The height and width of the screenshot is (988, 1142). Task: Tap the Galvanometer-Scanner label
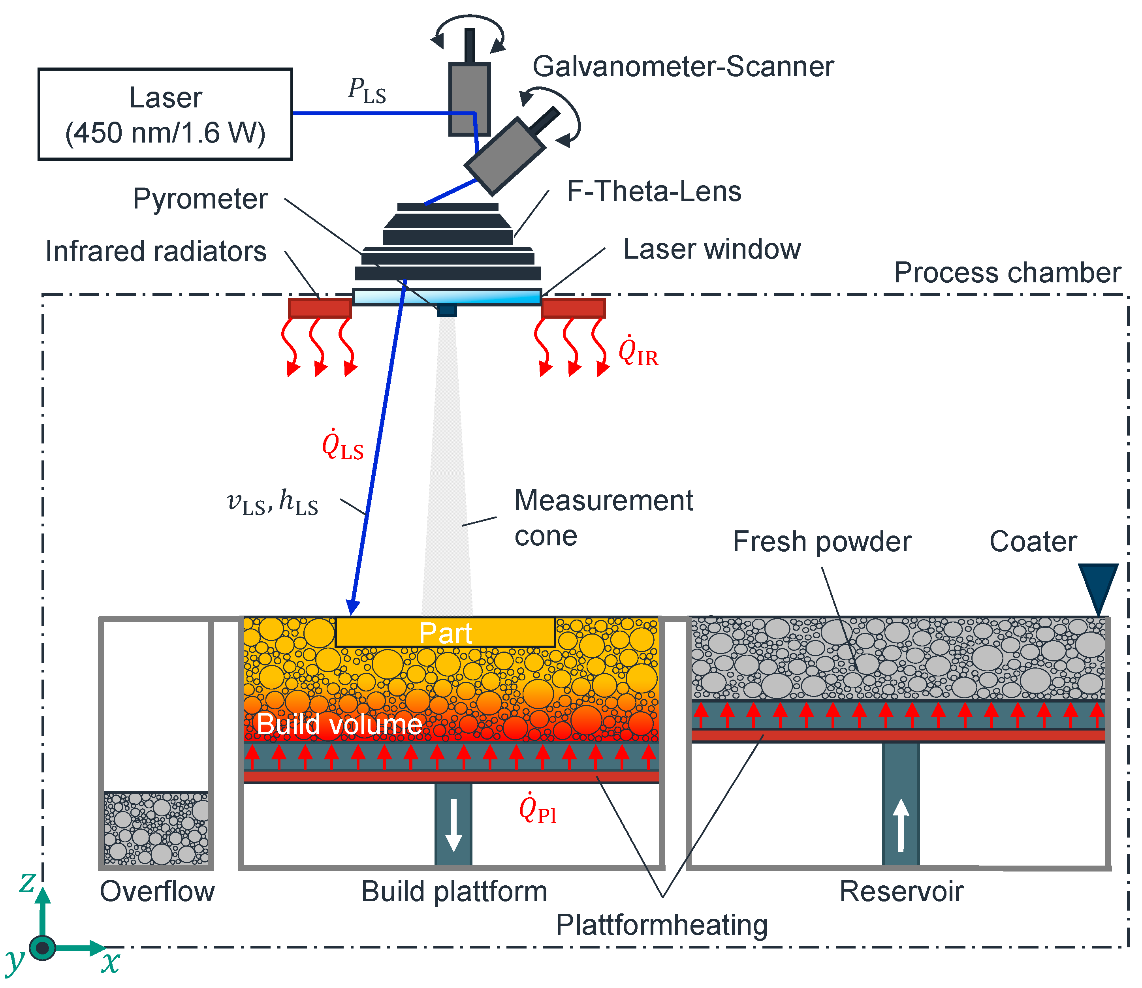[x=682, y=67]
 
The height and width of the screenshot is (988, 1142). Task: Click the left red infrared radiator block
[x=320, y=308]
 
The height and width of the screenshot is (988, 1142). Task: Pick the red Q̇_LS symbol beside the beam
[x=342, y=445]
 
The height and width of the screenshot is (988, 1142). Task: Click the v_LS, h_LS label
[x=273, y=502]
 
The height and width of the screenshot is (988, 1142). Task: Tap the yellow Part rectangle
[x=445, y=632]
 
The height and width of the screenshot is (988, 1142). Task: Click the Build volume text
[x=339, y=724]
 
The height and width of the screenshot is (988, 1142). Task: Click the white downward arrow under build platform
[x=453, y=824]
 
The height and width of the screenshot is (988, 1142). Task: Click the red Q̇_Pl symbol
[x=537, y=810]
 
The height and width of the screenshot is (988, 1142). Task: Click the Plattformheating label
[x=661, y=924]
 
